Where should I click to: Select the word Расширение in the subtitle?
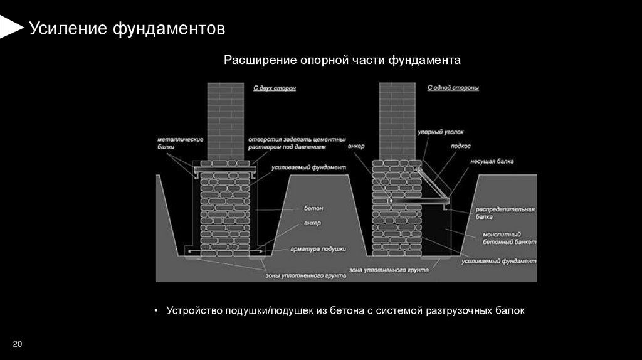pos(255,60)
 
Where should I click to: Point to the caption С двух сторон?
pos(275,88)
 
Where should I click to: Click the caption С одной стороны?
pos(453,88)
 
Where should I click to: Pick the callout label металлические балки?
pos(171,142)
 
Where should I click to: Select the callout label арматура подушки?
pos(317,249)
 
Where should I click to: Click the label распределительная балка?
pos(504,213)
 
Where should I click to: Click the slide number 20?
pos(17,344)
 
